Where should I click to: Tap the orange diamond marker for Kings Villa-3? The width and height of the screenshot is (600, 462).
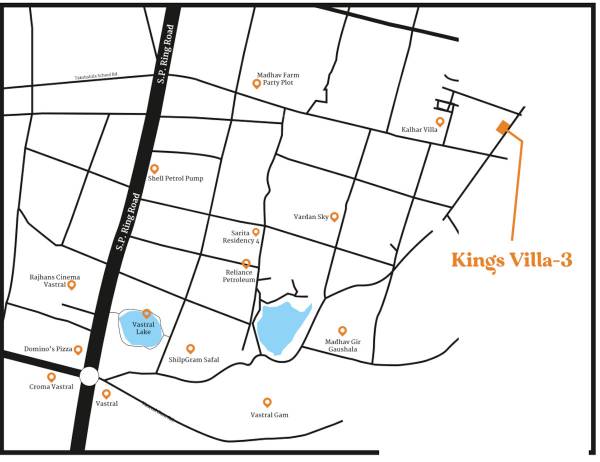(502, 126)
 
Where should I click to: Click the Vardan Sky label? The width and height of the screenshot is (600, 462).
(312, 216)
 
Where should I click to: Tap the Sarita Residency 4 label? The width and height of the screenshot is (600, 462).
(245, 238)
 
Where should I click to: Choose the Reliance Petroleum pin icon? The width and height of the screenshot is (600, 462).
(246, 264)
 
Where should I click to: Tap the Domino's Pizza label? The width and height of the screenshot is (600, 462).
(46, 350)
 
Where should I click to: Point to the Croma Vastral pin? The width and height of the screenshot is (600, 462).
(52, 376)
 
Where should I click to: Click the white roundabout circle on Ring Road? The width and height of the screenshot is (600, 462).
(88, 377)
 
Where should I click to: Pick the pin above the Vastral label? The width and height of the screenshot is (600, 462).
(107, 394)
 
